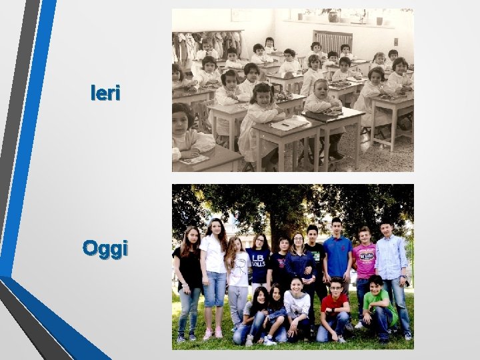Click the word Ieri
click(x=105, y=94)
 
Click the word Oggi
click(x=105, y=249)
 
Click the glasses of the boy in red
click(x=336, y=287)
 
